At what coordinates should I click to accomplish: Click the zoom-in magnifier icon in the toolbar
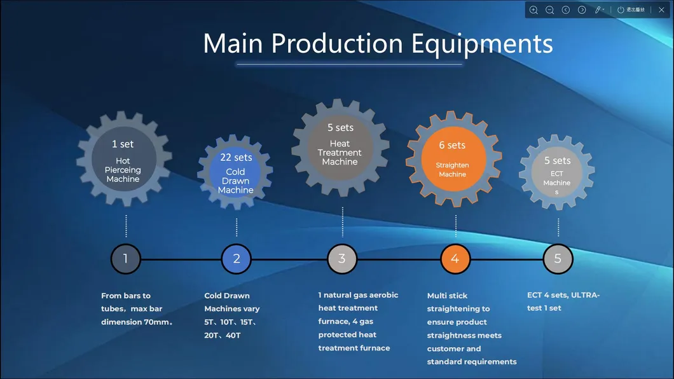[x=533, y=10]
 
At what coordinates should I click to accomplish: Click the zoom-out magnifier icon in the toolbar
[x=550, y=10]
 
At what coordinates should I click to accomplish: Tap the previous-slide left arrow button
[x=566, y=10]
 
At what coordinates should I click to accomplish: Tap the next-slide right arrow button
[x=582, y=10]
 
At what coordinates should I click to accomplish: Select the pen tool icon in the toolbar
[x=598, y=10]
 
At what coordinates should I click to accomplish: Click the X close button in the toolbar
[x=661, y=10]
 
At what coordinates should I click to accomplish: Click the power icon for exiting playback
[x=621, y=10]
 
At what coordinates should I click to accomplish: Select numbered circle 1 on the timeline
[x=125, y=259]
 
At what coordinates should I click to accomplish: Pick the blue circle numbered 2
[x=237, y=259]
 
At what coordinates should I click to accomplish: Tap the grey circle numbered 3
[x=342, y=259]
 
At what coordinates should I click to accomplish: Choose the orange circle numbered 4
[x=455, y=259]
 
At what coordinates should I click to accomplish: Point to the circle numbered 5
[x=558, y=259]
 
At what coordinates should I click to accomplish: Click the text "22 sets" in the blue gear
[x=236, y=158]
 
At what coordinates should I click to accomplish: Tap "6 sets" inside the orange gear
[x=452, y=146]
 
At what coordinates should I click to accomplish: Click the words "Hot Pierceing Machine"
[x=123, y=170]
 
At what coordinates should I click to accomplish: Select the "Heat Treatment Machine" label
[x=340, y=153]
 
